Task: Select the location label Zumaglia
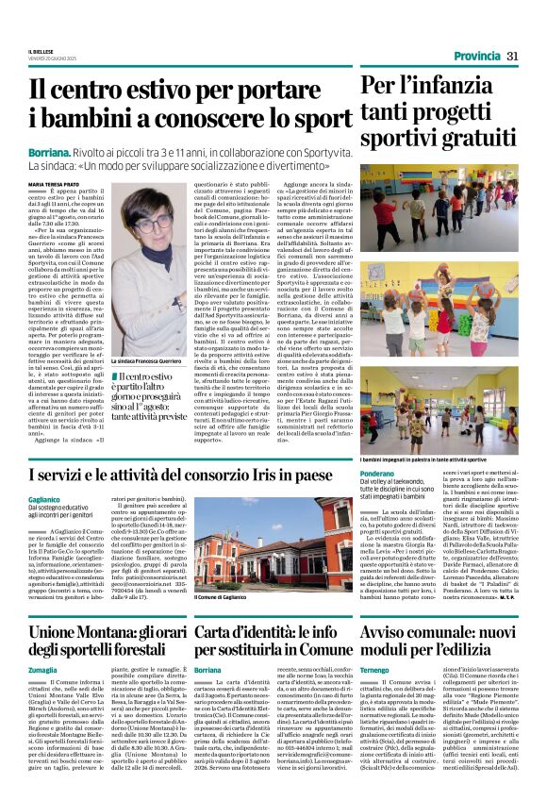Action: (x=43, y=668)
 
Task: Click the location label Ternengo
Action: (x=376, y=668)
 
